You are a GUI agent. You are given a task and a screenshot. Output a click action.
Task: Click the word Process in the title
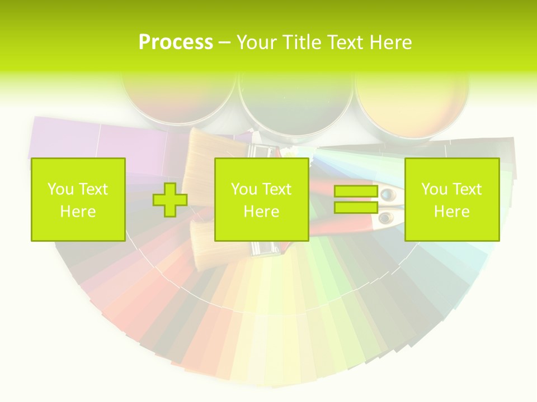click(x=176, y=42)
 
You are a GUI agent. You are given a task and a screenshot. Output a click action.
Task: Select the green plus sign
click(x=170, y=199)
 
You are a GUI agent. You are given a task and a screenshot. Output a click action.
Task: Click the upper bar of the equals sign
click(x=356, y=192)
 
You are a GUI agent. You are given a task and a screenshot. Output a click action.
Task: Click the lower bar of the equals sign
click(x=356, y=207)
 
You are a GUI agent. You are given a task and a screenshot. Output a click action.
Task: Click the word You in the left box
click(x=59, y=189)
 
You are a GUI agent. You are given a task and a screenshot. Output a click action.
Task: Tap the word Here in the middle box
click(x=261, y=212)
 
